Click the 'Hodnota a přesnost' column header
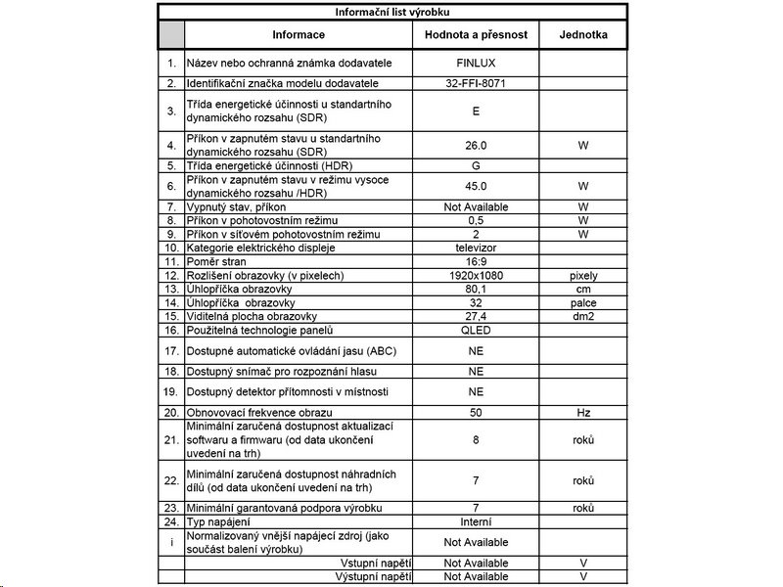[476, 34]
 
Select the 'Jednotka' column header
[583, 34]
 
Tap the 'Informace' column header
[299, 34]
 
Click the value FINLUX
[476, 63]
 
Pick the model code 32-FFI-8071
[476, 84]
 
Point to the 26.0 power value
[476, 146]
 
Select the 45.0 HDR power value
[476, 186]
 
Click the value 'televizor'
[476, 248]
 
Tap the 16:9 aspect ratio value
[476, 262]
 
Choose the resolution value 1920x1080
[476, 276]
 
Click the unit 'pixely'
[583, 276]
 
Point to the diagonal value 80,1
[476, 290]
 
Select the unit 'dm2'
[583, 317]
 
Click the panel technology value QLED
[476, 331]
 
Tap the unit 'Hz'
[583, 413]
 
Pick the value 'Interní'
[476, 521]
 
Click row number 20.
[171, 413]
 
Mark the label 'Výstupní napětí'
[376, 577]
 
